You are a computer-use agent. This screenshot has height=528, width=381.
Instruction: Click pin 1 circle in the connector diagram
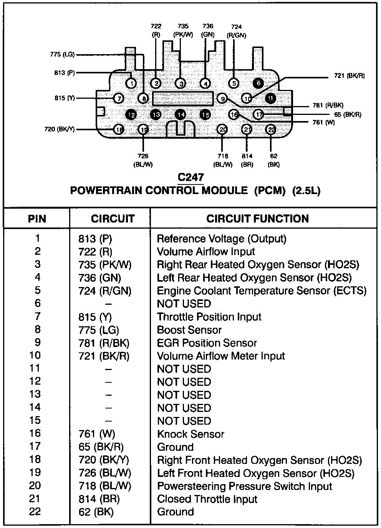click(131, 83)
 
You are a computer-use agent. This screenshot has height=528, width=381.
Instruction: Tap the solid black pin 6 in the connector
click(258, 82)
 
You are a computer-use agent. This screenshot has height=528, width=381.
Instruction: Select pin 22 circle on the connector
click(271, 130)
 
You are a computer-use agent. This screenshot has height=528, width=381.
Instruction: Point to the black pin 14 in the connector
click(181, 115)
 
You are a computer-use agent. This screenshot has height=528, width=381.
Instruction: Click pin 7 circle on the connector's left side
click(119, 98)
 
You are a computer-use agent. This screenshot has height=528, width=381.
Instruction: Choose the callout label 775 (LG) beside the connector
click(62, 55)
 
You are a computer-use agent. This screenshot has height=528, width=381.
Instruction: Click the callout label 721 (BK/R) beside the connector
click(349, 76)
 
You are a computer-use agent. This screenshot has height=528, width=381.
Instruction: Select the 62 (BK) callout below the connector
click(273, 160)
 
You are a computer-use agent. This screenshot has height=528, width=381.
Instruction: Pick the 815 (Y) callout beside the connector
click(65, 98)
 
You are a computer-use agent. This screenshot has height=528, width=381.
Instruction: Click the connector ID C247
click(191, 178)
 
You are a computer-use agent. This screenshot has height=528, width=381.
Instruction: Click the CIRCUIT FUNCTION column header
click(257, 219)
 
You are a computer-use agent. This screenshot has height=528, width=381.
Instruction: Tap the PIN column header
click(37, 219)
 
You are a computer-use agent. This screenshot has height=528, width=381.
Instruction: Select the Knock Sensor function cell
click(190, 434)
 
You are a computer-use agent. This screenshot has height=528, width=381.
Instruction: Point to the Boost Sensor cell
click(189, 330)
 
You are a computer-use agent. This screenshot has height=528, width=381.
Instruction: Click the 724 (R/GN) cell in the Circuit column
click(105, 291)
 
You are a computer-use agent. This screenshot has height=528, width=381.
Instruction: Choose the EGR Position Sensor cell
click(207, 343)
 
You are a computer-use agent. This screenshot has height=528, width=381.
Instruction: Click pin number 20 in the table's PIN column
click(35, 486)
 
